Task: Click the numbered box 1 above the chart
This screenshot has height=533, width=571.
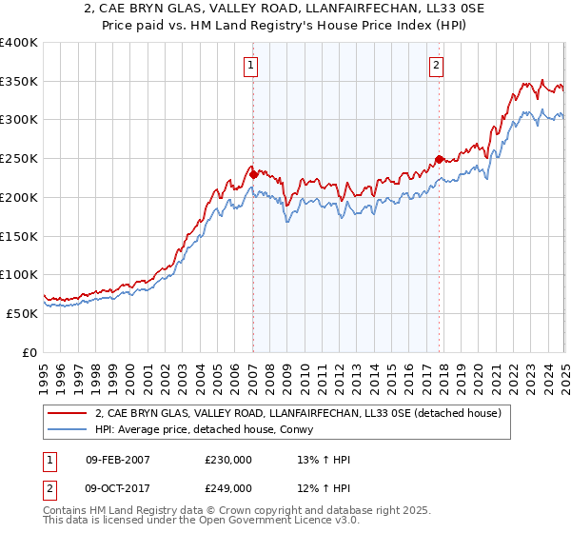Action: (250, 66)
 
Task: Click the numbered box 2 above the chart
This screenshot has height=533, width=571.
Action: (436, 66)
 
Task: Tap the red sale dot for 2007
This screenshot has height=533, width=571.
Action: (253, 174)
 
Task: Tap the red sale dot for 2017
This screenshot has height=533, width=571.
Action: (439, 159)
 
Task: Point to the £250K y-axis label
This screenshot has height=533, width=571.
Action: (19, 159)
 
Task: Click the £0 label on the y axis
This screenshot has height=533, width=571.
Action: (29, 352)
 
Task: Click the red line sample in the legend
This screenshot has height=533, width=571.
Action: (68, 413)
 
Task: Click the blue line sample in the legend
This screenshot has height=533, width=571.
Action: (68, 430)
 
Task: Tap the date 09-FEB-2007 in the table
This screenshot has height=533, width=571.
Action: (117, 460)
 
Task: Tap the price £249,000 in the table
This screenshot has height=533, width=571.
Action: (227, 488)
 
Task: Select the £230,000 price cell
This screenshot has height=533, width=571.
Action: (227, 460)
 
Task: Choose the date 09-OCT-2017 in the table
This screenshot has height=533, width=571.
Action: (117, 488)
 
